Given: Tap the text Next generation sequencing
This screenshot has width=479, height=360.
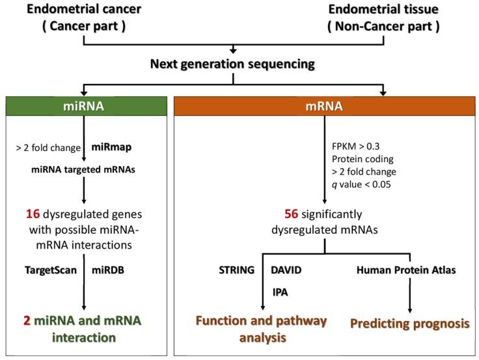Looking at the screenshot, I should pyautogui.click(x=233, y=64).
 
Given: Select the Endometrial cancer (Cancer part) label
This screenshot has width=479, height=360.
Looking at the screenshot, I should pyautogui.click(x=83, y=18).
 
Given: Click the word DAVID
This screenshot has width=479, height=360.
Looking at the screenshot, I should pyautogui.click(x=286, y=268).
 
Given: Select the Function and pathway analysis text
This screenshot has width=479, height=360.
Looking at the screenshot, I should pyautogui.click(x=262, y=328).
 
